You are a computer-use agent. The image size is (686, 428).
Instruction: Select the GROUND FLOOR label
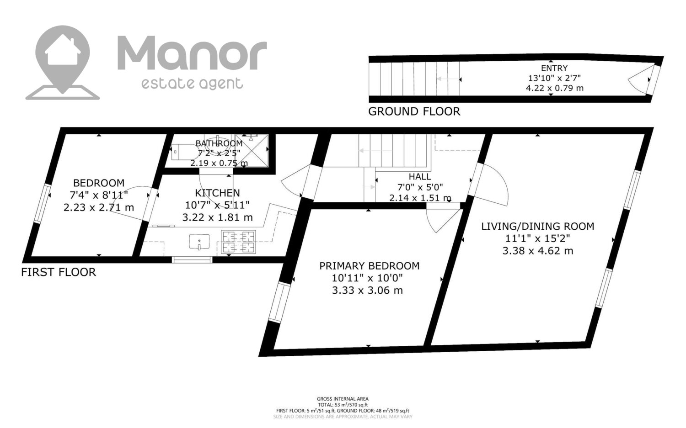pyautogui.click(x=414, y=111)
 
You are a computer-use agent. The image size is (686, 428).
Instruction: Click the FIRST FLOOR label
pyautogui.click(x=59, y=272)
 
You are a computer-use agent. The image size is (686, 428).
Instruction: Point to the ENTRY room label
pyautogui.click(x=554, y=68)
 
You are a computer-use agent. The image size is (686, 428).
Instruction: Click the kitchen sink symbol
pyautogui.click(x=199, y=242)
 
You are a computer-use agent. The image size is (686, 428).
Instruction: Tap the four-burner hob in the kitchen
pyautogui.click(x=239, y=242)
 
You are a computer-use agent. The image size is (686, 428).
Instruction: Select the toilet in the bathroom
pyautogui.click(x=184, y=152)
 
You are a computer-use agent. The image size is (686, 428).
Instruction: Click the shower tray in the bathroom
pyautogui.click(x=252, y=151)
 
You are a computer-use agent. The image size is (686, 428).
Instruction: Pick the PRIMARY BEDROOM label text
pyautogui.click(x=370, y=266)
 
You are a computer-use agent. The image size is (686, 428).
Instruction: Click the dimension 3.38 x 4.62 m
pyautogui.click(x=538, y=251)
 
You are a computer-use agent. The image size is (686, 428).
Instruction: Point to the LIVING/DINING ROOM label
pyautogui.click(x=538, y=227)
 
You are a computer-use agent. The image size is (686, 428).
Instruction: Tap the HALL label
pyautogui.click(x=420, y=176)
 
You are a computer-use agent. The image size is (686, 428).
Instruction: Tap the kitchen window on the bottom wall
pyautogui.click(x=192, y=260)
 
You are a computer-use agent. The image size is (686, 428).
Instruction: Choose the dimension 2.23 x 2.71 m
pyautogui.click(x=99, y=207)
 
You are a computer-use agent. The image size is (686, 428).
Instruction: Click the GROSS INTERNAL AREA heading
pyautogui.click(x=343, y=399)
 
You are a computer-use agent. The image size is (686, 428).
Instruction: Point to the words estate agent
pyautogui.click(x=193, y=83)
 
